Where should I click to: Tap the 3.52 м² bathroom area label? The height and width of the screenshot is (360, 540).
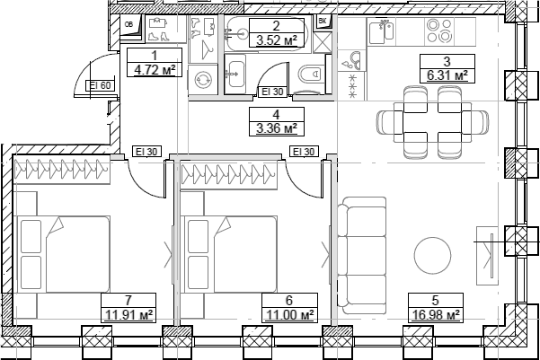277,40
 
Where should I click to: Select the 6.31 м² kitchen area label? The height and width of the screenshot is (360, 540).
447,75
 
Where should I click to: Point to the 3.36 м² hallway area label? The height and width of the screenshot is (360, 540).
277,128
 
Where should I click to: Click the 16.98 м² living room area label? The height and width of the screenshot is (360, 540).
436,314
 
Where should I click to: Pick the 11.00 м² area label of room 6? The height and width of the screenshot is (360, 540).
289,314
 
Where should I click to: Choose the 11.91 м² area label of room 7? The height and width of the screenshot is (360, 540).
128,314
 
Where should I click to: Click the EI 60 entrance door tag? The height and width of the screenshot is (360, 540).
100,85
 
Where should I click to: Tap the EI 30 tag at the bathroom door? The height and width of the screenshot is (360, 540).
272,92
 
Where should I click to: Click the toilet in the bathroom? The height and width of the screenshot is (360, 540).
310,74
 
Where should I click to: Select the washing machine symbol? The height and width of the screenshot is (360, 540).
203,80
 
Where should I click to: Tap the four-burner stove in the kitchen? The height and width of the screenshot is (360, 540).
438,31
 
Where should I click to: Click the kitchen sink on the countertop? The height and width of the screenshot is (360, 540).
382,31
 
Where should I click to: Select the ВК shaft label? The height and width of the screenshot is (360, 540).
323,22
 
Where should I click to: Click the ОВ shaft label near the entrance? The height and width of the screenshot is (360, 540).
128,24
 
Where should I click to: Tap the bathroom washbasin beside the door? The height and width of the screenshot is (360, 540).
235,74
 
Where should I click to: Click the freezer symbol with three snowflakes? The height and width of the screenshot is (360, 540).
352,86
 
